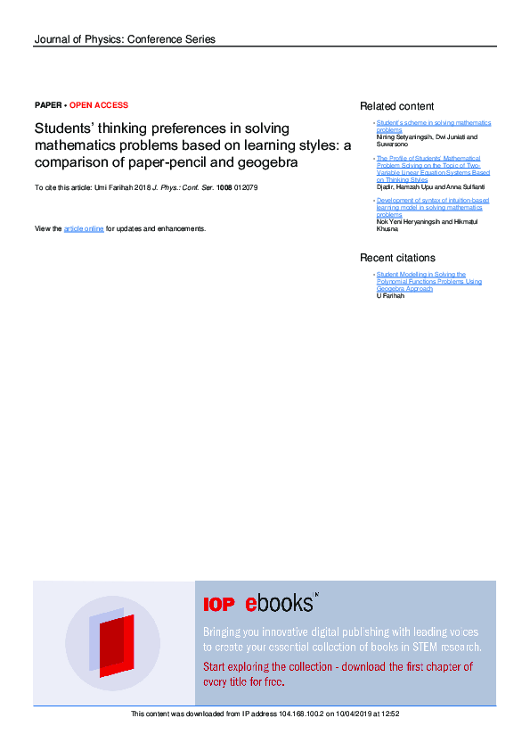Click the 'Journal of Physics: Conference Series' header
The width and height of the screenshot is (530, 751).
click(124, 39)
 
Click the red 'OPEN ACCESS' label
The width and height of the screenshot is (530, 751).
click(98, 105)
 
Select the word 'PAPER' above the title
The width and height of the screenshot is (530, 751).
click(47, 105)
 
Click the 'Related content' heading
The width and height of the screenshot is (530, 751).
click(396, 106)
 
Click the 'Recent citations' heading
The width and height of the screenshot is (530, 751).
click(397, 258)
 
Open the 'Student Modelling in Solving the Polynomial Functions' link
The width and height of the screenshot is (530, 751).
click(428, 281)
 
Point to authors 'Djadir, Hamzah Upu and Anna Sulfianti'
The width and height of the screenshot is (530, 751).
click(424, 187)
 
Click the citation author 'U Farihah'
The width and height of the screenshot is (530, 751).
click(391, 295)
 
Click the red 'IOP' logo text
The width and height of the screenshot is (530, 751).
click(219, 605)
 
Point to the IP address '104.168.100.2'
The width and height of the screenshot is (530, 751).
click(300, 714)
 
